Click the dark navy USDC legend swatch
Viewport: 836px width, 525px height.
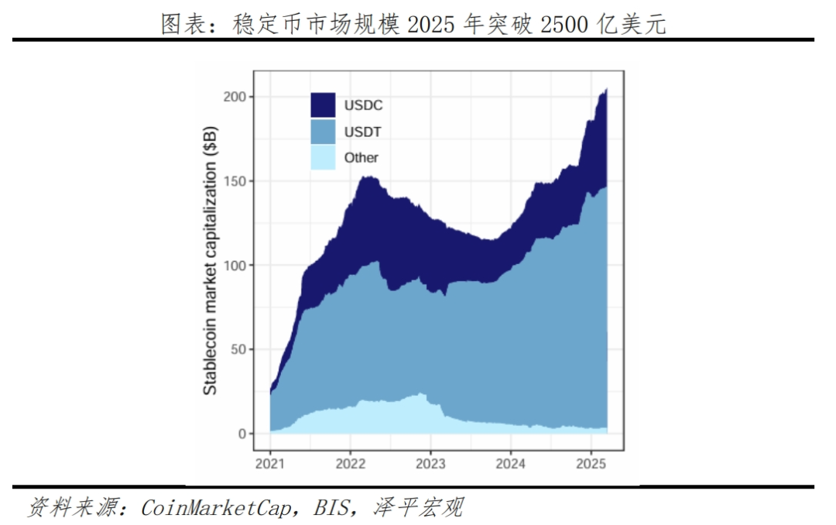point(323,105)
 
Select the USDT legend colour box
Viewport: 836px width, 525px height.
point(323,132)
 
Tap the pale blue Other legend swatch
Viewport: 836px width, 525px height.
point(323,157)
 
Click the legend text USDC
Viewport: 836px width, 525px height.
point(363,105)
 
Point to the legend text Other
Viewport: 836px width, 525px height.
point(361,158)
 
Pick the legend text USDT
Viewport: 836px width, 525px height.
point(363,132)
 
